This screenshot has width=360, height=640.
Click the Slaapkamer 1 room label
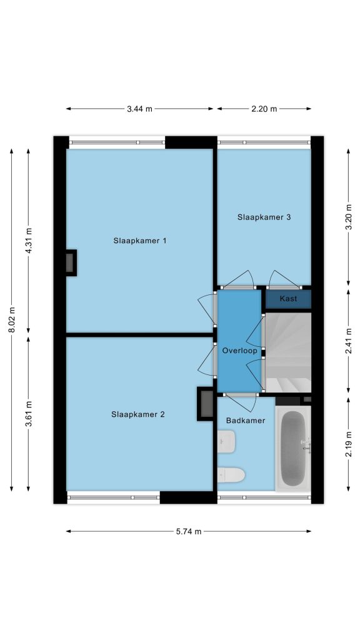pos(139,241)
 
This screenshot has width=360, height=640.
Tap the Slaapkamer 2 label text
pos(138,414)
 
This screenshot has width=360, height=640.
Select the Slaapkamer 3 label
pos(264,217)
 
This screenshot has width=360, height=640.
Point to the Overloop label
pos(239,351)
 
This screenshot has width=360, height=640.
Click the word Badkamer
pos(246,421)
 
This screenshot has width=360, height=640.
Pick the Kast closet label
pos(288,299)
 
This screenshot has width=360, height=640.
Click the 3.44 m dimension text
pos(139,109)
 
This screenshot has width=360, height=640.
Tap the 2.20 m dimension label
pos(264,109)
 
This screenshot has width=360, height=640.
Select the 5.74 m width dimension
pos(189,531)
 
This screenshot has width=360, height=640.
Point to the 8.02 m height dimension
pos(12,319)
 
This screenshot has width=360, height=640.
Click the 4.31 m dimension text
pos(29,241)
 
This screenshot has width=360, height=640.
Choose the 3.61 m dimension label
pos(29,414)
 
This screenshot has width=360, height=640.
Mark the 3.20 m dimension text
pos(349,217)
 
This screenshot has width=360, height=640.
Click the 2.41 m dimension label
pos(349,341)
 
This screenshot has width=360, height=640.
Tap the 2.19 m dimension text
pos(349,444)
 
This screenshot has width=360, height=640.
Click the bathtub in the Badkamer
pos(294,448)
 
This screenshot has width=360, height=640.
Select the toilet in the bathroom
pos(231,475)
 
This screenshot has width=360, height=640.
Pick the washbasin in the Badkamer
pos(226,442)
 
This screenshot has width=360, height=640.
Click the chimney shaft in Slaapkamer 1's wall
pos(71,263)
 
